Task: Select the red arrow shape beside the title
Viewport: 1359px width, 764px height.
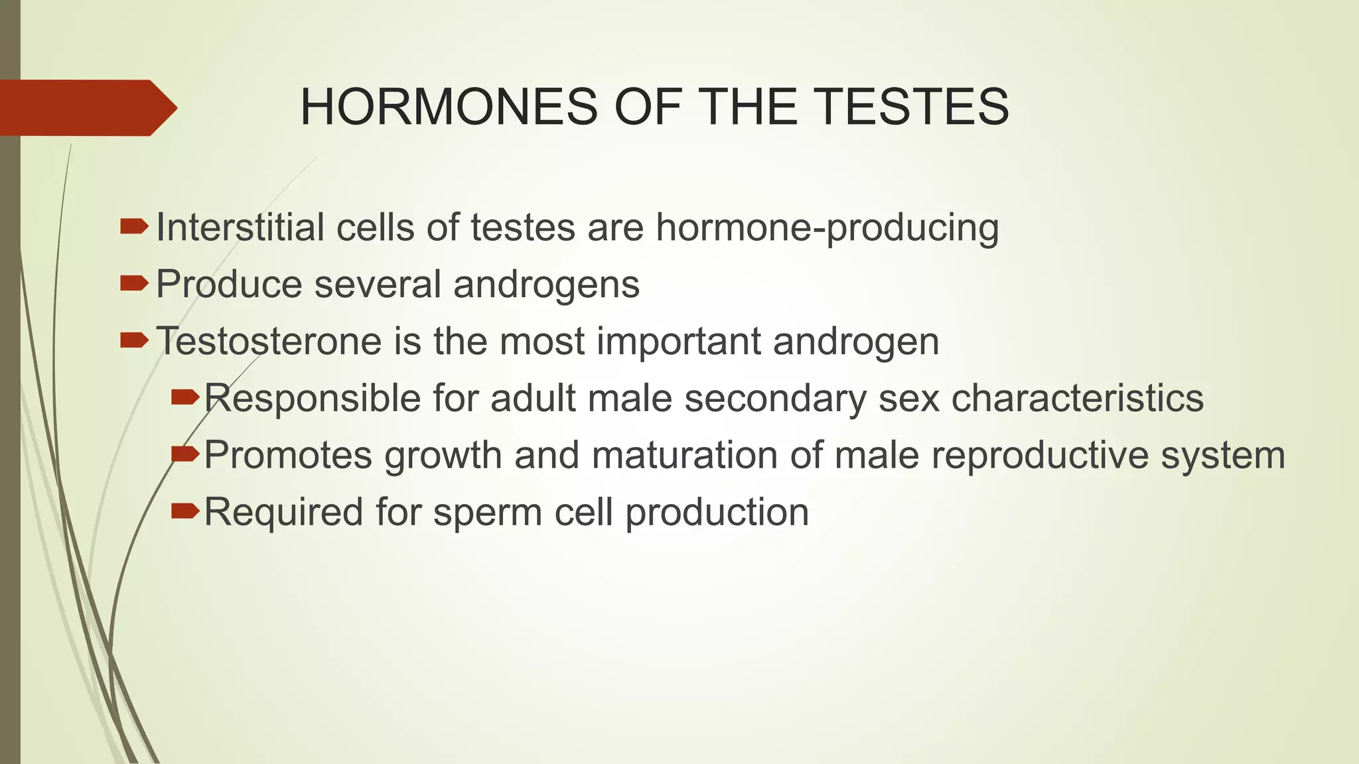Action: (x=86, y=107)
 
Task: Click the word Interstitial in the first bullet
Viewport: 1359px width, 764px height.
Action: (x=240, y=227)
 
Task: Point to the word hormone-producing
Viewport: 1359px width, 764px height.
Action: (x=827, y=229)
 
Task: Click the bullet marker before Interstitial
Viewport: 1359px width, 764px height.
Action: (x=134, y=227)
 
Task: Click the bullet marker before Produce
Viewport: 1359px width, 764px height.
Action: (x=134, y=285)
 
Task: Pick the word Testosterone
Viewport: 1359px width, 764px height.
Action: (x=269, y=342)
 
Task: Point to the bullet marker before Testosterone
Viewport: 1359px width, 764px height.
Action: (x=134, y=342)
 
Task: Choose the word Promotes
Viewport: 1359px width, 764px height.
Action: (x=287, y=456)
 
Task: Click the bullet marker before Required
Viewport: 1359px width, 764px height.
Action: (x=184, y=511)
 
